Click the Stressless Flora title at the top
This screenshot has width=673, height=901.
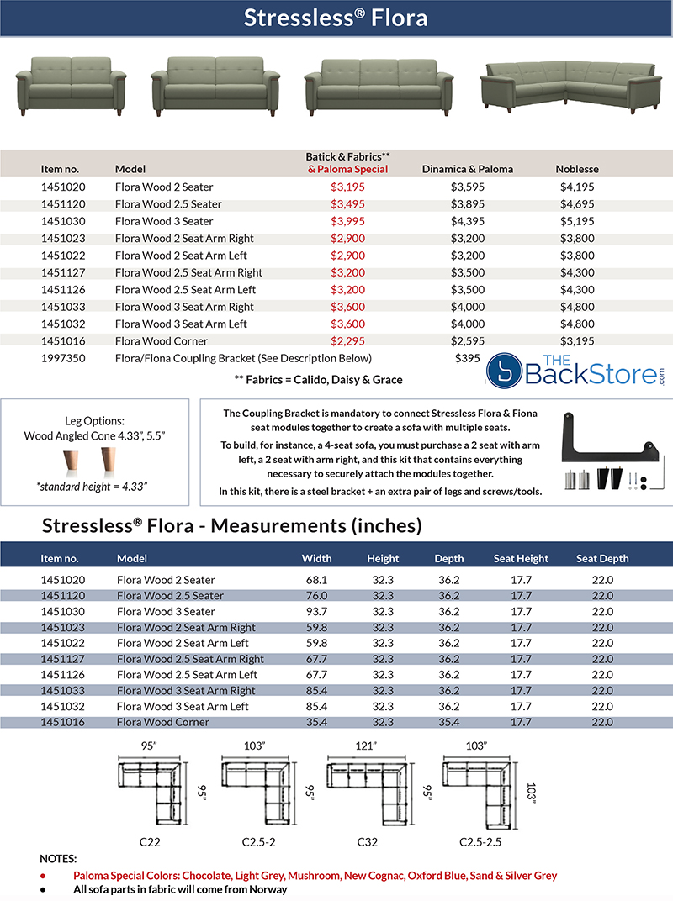click(336, 18)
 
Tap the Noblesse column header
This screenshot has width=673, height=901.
click(577, 169)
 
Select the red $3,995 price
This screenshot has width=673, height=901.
click(347, 221)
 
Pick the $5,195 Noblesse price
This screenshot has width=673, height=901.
click(577, 221)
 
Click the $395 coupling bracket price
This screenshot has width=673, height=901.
click(468, 358)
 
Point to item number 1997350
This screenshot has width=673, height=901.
click(63, 358)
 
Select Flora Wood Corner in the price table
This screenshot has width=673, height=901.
click(162, 341)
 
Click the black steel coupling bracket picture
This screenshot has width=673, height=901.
click(612, 435)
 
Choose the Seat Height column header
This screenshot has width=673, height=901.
click(521, 558)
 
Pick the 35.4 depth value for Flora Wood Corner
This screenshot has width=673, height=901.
click(448, 721)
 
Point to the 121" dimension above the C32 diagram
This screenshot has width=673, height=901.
click(366, 746)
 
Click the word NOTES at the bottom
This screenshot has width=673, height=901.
click(58, 859)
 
